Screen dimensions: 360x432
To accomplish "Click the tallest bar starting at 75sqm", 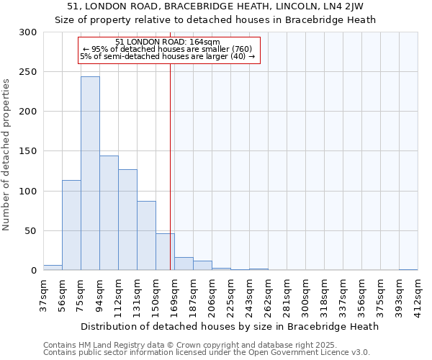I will coord(90,173).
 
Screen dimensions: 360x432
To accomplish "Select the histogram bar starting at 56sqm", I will coord(71,225).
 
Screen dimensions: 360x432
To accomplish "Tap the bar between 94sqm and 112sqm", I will coord(109,212).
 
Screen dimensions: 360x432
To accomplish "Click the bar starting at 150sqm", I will coord(165,252).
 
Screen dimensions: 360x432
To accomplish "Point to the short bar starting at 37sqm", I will coord(53,268).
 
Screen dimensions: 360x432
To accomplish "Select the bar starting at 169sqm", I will coord(184,264).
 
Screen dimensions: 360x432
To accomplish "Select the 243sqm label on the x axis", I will coord(249,295).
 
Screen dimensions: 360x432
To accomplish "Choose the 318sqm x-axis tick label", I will coord(324,295).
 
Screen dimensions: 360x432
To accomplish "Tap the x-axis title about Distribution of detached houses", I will coord(230,326).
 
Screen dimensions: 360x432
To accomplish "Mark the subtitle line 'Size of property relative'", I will coord(215,19).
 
